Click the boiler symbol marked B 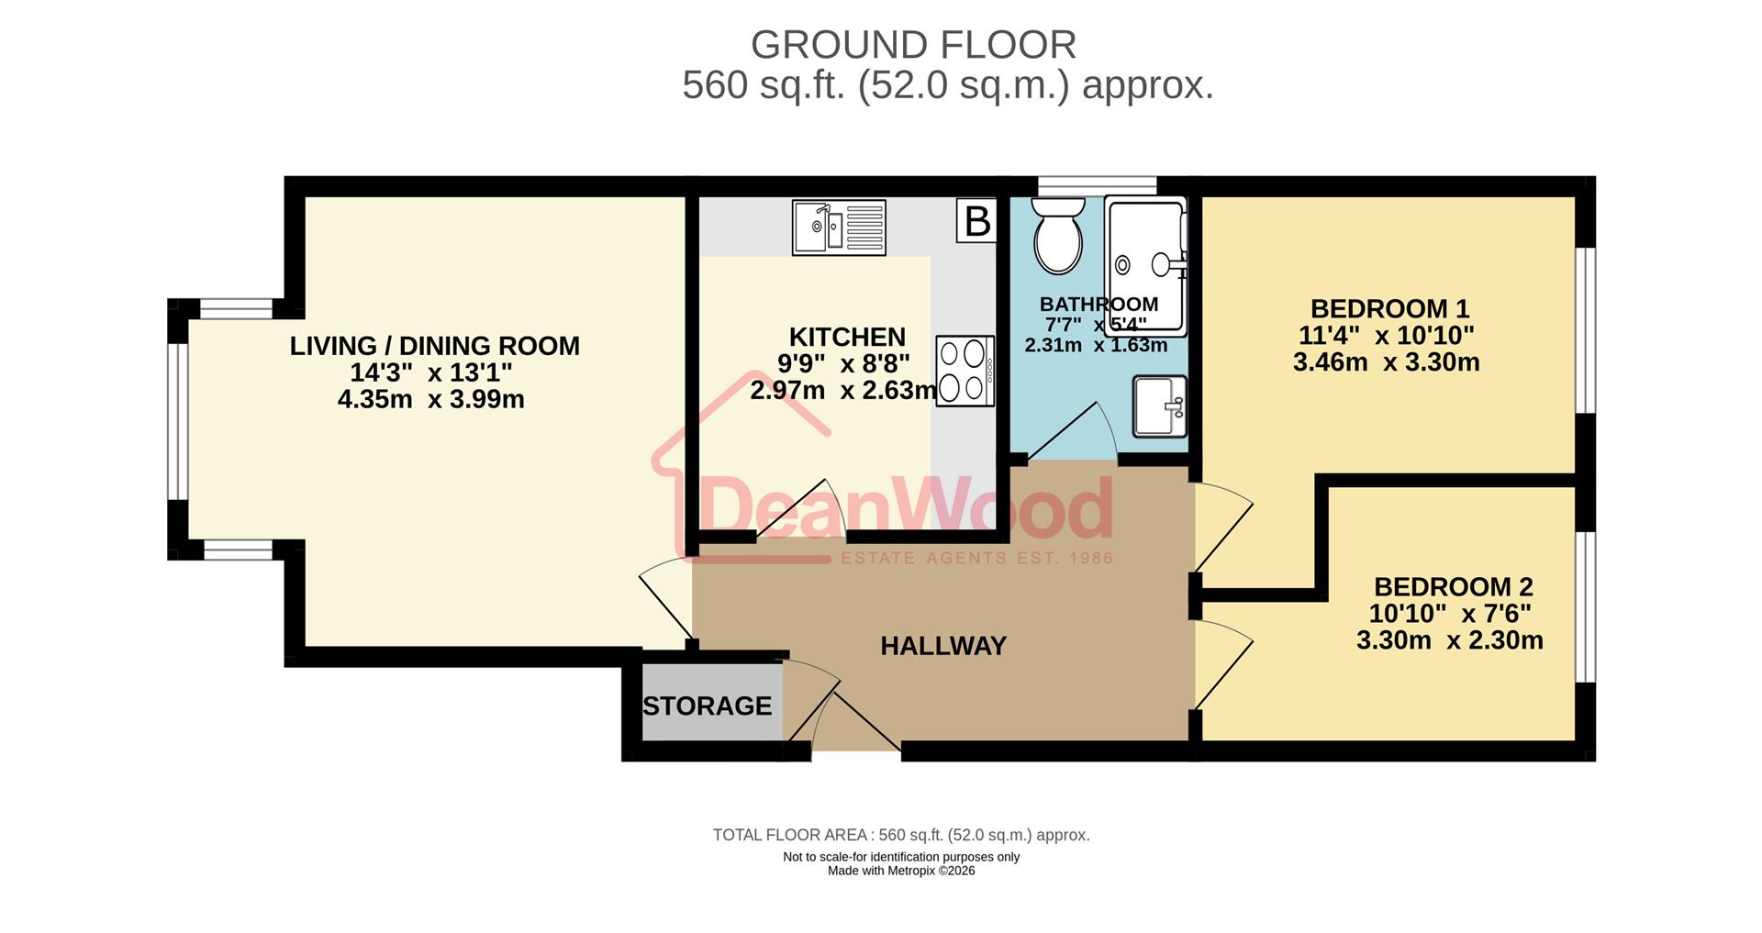(976, 221)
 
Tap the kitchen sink (839, 227)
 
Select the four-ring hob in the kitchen (965, 371)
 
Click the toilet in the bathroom (1057, 239)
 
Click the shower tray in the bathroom (1146, 264)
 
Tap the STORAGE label (707, 705)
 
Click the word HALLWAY (943, 646)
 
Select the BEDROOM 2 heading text (1453, 586)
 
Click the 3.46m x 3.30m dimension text (1386, 362)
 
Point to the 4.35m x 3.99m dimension (431, 400)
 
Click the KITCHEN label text (847, 337)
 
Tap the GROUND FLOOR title (913, 45)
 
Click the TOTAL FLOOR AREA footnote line (901, 835)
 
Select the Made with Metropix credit (901, 871)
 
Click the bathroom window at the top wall (1097, 185)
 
